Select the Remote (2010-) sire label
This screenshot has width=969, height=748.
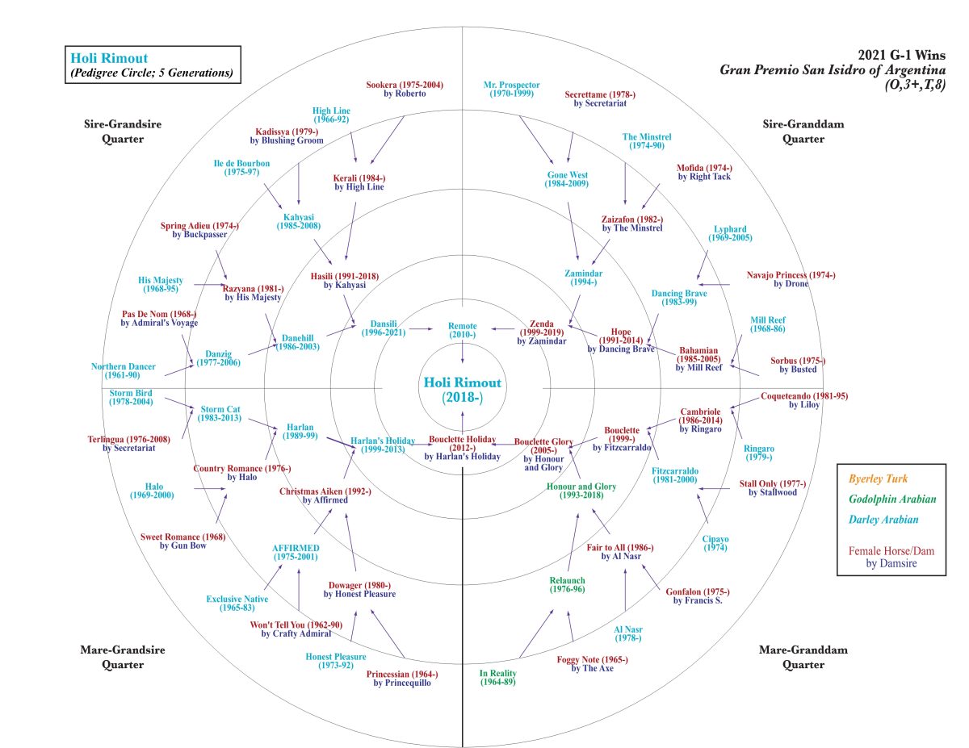coord(462,329)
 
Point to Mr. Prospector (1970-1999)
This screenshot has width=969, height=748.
coord(512,90)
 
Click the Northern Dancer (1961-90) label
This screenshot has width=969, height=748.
coord(123,371)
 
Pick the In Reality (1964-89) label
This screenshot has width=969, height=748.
coord(497,677)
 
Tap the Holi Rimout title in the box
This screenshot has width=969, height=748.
coord(109,58)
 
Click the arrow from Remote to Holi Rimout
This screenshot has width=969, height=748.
coord(462,352)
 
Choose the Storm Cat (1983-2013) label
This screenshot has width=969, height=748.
coord(221,413)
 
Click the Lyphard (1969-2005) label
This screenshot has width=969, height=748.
coord(730,233)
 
